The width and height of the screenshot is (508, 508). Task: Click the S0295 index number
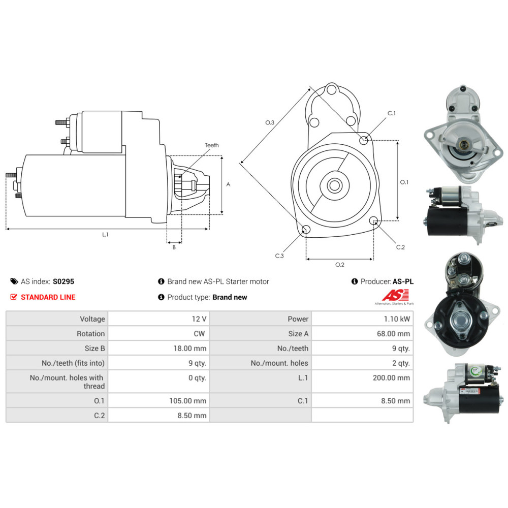coord(63,281)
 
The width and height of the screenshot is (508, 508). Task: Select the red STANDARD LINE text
coord(48,297)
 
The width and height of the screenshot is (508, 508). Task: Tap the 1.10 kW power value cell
coord(398,319)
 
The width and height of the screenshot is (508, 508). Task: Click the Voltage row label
coord(92,319)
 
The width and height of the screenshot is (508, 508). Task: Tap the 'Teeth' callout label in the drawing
coord(212,145)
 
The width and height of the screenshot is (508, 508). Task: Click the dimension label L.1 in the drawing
coord(105,235)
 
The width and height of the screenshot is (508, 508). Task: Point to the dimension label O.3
coord(270,122)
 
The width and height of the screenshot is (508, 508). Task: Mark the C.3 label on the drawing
coord(279,256)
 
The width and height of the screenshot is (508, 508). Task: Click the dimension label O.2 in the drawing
coord(340,265)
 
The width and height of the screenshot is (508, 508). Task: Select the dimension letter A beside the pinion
coord(228,184)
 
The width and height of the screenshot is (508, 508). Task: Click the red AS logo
coord(390,295)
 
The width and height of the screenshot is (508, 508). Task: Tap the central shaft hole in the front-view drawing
coord(334,185)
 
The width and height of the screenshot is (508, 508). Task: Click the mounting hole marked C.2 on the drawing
coord(374,221)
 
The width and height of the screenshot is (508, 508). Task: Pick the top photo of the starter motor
coord(462,133)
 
